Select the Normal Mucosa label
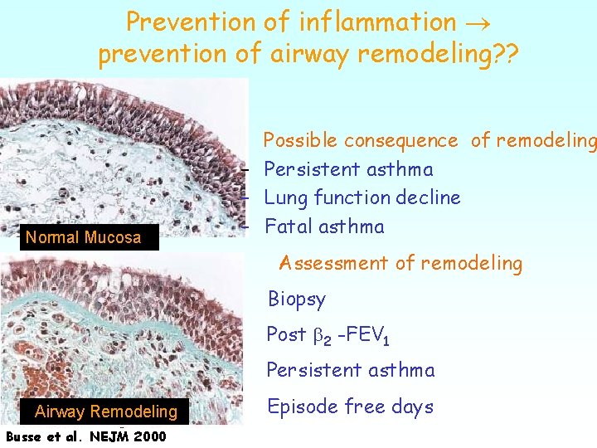[x=83, y=238]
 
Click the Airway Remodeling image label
[x=106, y=411]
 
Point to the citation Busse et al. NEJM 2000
[x=85, y=436]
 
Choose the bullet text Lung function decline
[x=362, y=197]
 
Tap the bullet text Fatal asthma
[x=324, y=226]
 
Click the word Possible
[x=300, y=141]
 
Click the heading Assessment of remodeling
[x=400, y=264]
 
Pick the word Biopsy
[x=296, y=299]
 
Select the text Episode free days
[x=349, y=407]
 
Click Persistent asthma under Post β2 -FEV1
[x=350, y=370]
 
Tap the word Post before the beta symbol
[x=286, y=334]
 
